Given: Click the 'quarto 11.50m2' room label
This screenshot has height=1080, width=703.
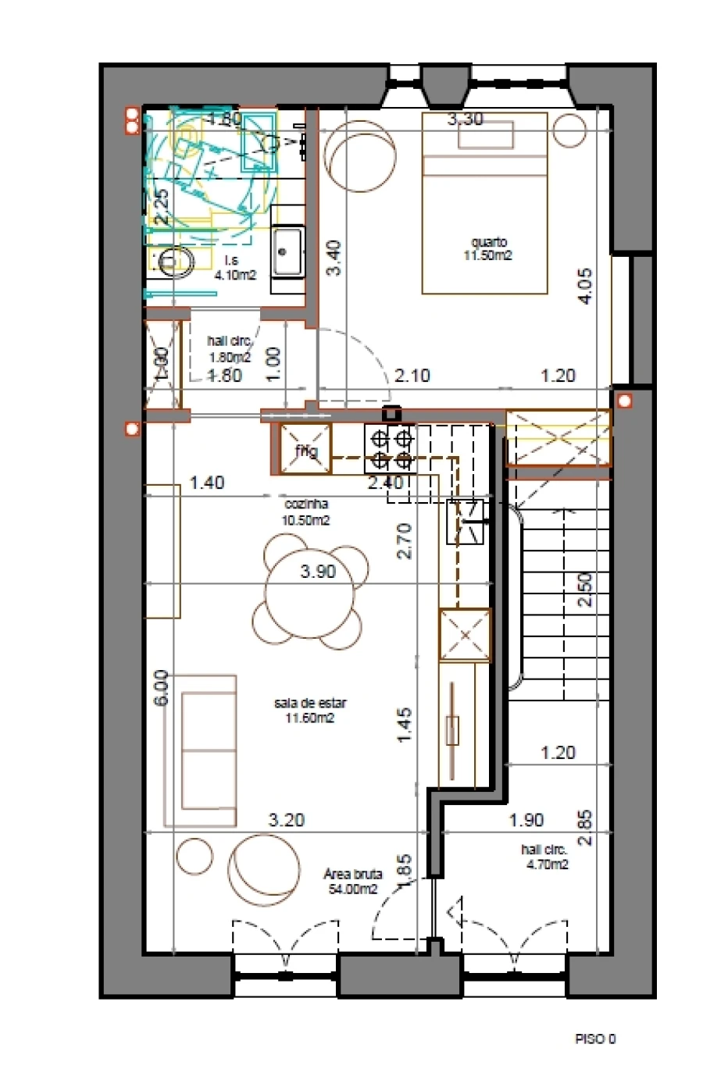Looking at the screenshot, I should tap(488, 248).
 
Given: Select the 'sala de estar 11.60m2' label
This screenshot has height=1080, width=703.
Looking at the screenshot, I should tap(310, 710).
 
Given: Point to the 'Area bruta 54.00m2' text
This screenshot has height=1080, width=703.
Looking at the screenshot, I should tap(352, 882).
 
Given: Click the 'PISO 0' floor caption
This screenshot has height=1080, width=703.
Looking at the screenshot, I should tap(595, 1039).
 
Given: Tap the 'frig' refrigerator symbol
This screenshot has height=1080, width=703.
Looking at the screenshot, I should tap(305, 451).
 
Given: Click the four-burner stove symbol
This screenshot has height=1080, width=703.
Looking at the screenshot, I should tap(390, 448).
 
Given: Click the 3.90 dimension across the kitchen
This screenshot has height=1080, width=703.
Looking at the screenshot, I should tap(318, 572).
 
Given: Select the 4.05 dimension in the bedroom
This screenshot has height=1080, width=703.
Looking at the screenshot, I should tap(586, 285).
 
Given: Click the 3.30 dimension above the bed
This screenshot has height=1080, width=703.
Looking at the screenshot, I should tap(465, 119).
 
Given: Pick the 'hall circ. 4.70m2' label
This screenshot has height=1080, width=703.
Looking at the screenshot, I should tap(544, 857).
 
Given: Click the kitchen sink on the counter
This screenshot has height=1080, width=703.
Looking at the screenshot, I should tap(466, 521).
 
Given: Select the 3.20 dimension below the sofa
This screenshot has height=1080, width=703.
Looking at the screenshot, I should tap(287, 820).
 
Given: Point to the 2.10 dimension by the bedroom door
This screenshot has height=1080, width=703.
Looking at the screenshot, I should tap(412, 376).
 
